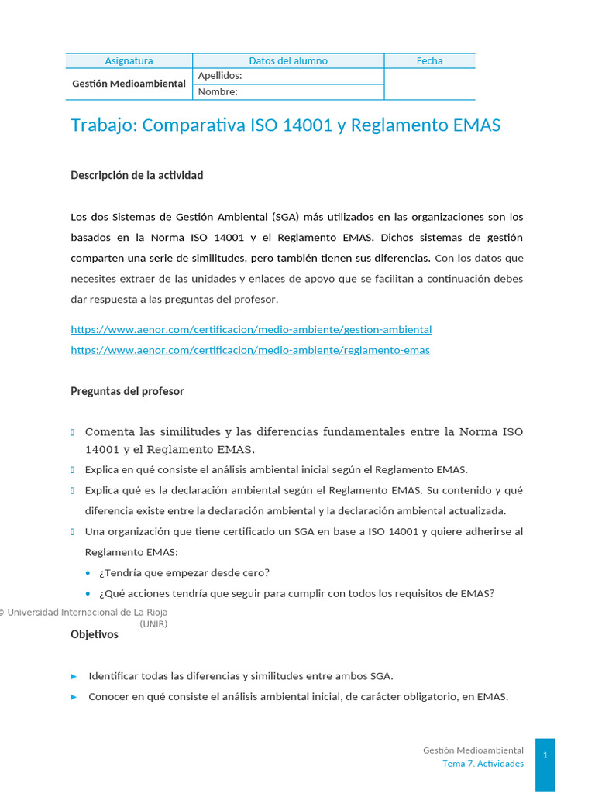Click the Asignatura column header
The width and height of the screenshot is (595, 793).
click(x=129, y=60)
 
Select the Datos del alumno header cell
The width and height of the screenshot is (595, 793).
click(x=288, y=60)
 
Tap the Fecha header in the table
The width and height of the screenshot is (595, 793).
click(x=429, y=60)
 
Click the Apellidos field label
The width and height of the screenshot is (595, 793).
click(x=220, y=76)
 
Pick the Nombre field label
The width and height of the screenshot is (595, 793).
click(x=218, y=92)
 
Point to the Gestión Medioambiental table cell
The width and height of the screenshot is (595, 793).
click(x=129, y=84)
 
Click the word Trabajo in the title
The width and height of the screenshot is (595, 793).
click(x=102, y=125)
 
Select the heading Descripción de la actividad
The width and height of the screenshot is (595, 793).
click(x=137, y=175)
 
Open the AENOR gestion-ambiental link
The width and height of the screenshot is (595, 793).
click(x=251, y=330)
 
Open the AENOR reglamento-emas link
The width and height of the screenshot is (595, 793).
click(x=249, y=350)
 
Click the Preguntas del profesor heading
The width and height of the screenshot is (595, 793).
click(x=127, y=391)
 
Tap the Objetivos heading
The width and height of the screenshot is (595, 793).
click(x=95, y=634)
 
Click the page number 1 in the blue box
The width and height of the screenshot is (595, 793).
click(x=545, y=754)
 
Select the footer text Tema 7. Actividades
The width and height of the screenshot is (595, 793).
click(x=483, y=764)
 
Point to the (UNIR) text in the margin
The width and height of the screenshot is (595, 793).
click(x=153, y=623)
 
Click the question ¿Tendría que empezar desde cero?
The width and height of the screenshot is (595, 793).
click(x=184, y=573)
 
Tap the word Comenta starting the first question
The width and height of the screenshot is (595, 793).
click(x=109, y=431)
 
